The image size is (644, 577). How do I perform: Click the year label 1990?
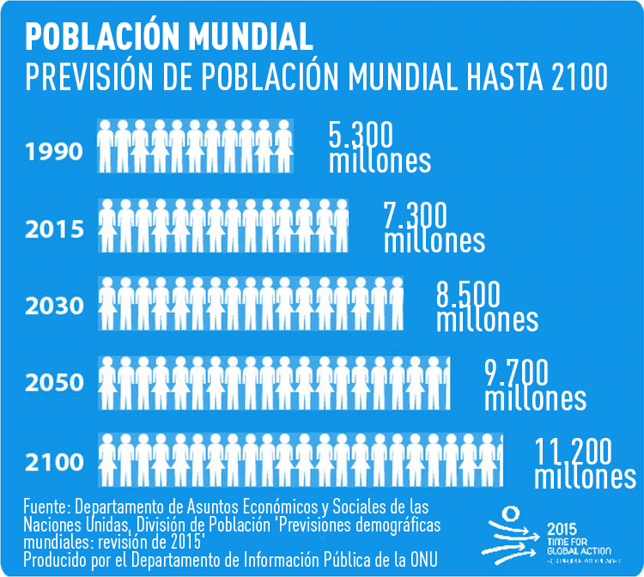53,153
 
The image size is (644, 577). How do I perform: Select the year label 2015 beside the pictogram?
53,229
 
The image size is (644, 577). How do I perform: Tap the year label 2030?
53,306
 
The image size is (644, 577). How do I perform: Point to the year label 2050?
53,382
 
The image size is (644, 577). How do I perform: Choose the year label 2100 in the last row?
53,462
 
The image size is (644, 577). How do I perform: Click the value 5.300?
361,135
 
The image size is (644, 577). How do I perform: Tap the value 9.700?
516,372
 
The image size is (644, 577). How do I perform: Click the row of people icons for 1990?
196,147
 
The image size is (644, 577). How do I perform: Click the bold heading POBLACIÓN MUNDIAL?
169,37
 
